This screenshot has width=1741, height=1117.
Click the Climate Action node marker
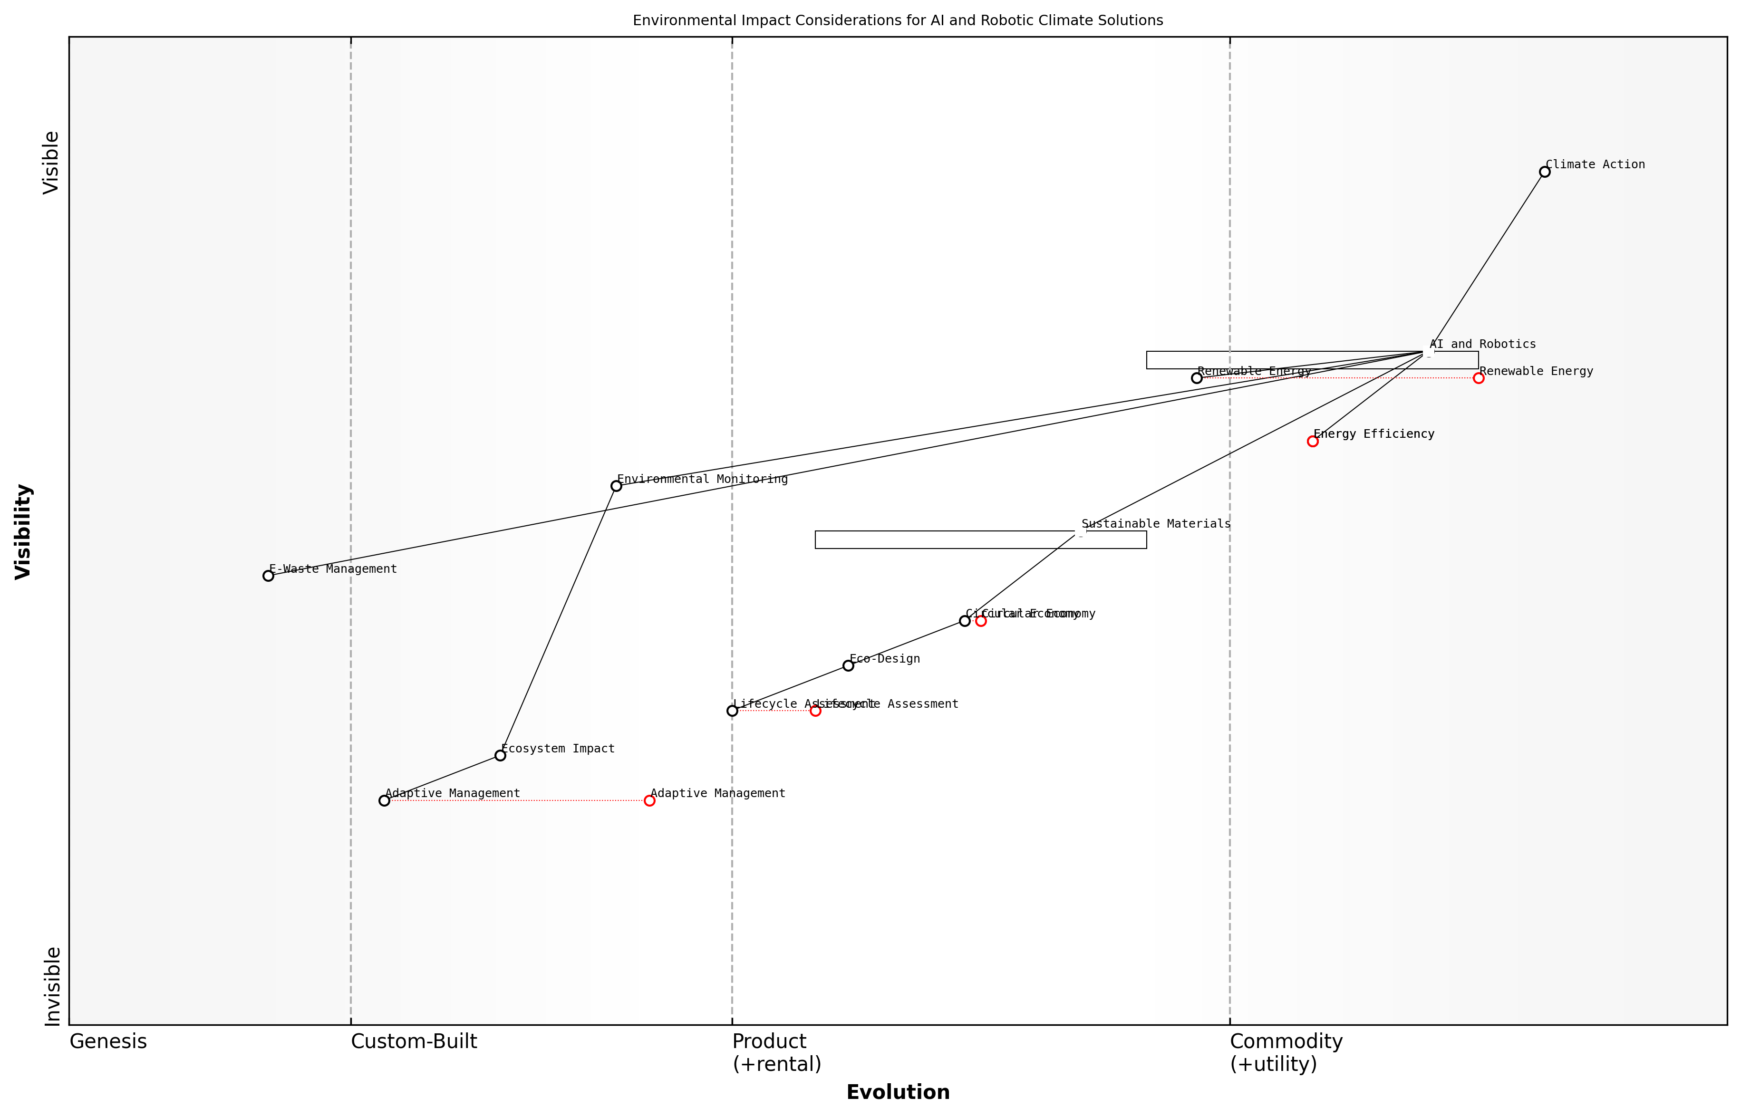1544,172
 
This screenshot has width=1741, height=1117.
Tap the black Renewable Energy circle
1196,378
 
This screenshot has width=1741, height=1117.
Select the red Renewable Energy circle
1479,378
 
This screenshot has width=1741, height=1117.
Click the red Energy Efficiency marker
1312,441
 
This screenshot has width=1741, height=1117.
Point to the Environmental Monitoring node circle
616,486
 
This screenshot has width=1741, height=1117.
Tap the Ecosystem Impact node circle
500,756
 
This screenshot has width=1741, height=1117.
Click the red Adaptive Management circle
649,801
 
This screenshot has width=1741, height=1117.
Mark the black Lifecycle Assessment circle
732,711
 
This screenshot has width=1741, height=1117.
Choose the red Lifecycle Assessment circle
815,711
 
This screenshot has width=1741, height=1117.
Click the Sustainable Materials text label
1156,524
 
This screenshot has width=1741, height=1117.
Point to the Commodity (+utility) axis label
1286,1052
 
